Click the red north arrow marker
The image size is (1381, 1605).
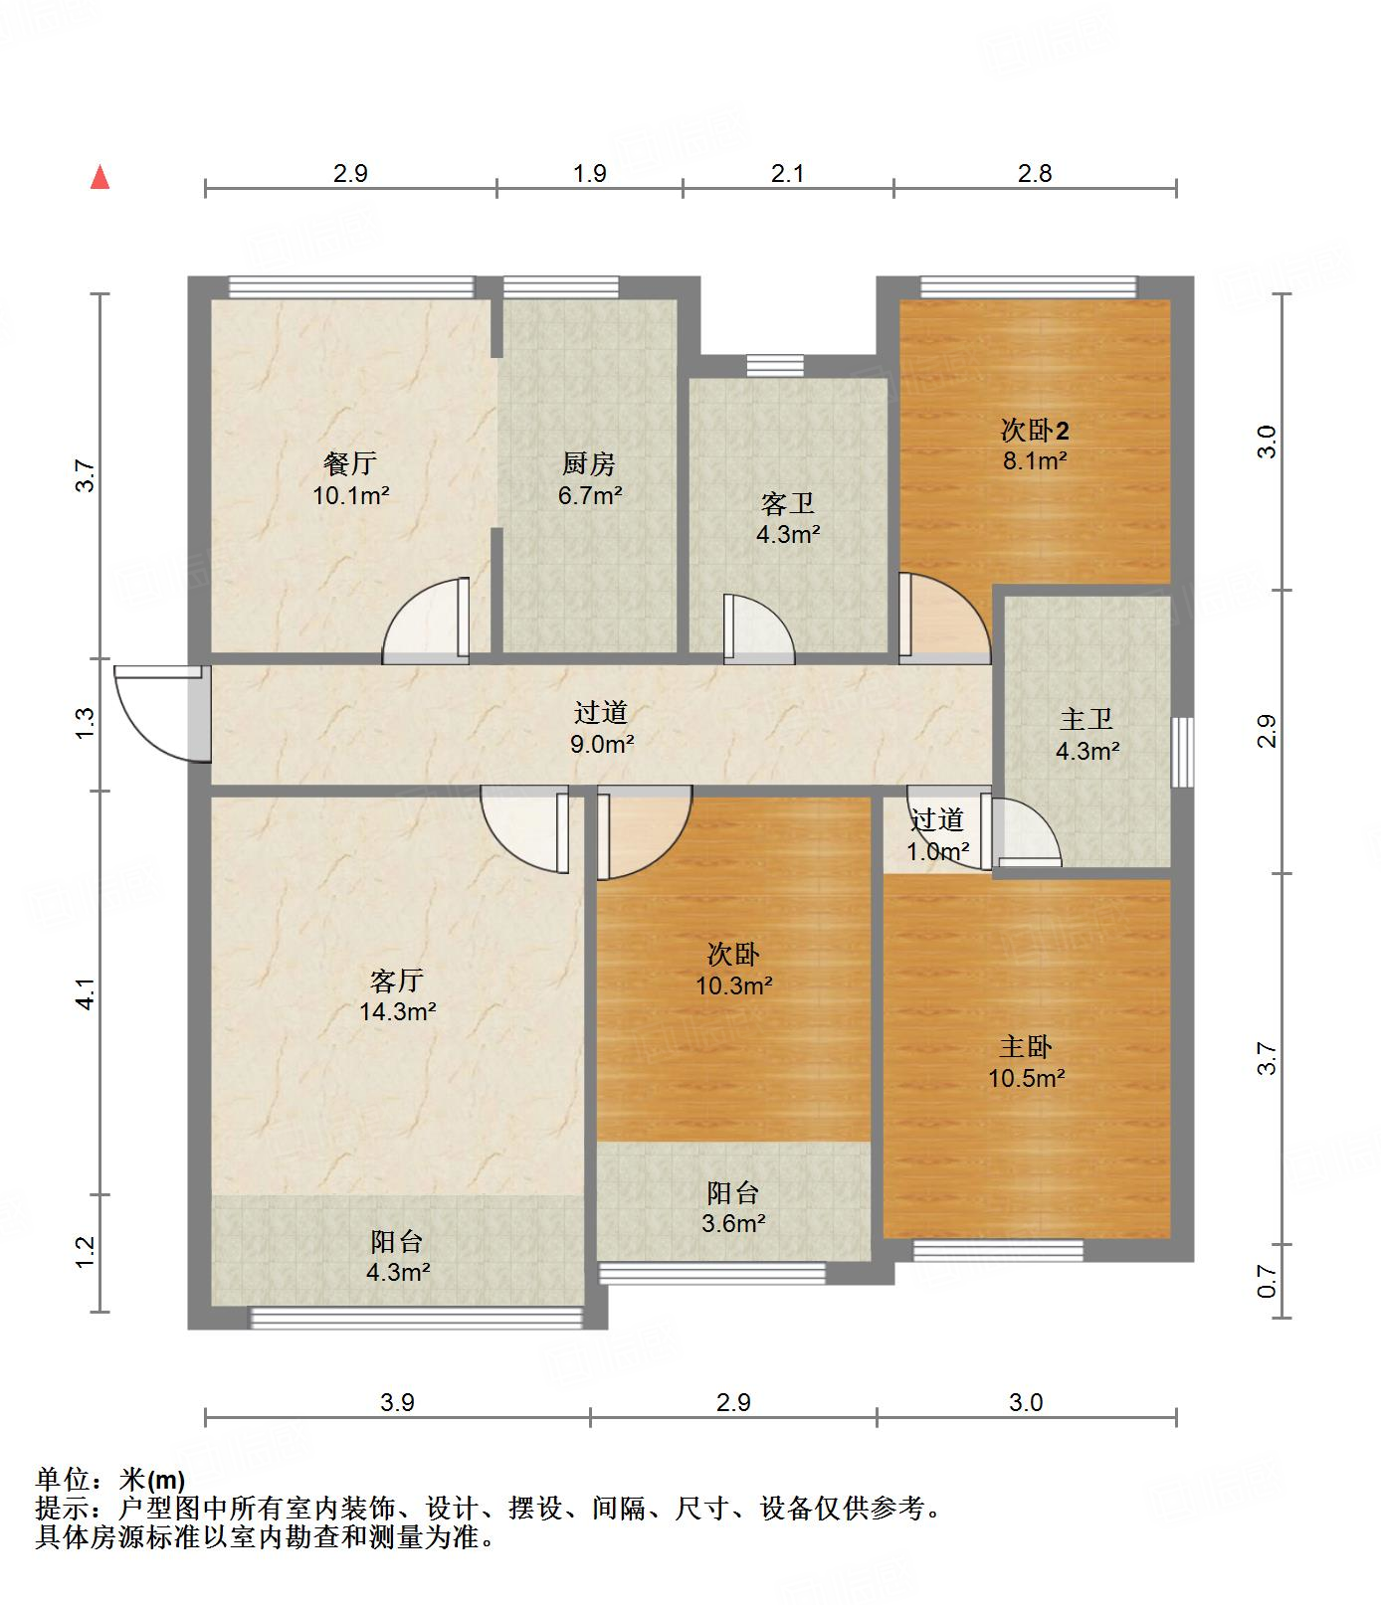99,177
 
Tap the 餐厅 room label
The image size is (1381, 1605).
350,463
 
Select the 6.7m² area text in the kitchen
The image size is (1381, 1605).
590,494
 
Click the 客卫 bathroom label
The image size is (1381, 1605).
788,504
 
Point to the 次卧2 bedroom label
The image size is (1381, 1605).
1035,431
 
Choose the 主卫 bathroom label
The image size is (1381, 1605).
1086,719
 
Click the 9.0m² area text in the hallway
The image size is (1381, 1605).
602,743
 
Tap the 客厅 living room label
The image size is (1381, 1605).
397,981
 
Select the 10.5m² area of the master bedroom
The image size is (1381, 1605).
1027,1078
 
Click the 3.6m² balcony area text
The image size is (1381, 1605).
733,1223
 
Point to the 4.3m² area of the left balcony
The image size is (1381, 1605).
397,1271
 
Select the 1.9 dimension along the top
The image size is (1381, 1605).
590,173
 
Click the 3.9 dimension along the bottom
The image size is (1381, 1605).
397,1402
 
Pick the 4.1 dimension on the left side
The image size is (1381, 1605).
86,994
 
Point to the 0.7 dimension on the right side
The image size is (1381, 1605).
1267,1281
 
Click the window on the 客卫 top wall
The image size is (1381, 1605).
775,366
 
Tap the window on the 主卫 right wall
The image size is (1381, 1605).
1182,752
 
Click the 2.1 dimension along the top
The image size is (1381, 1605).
787,173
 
